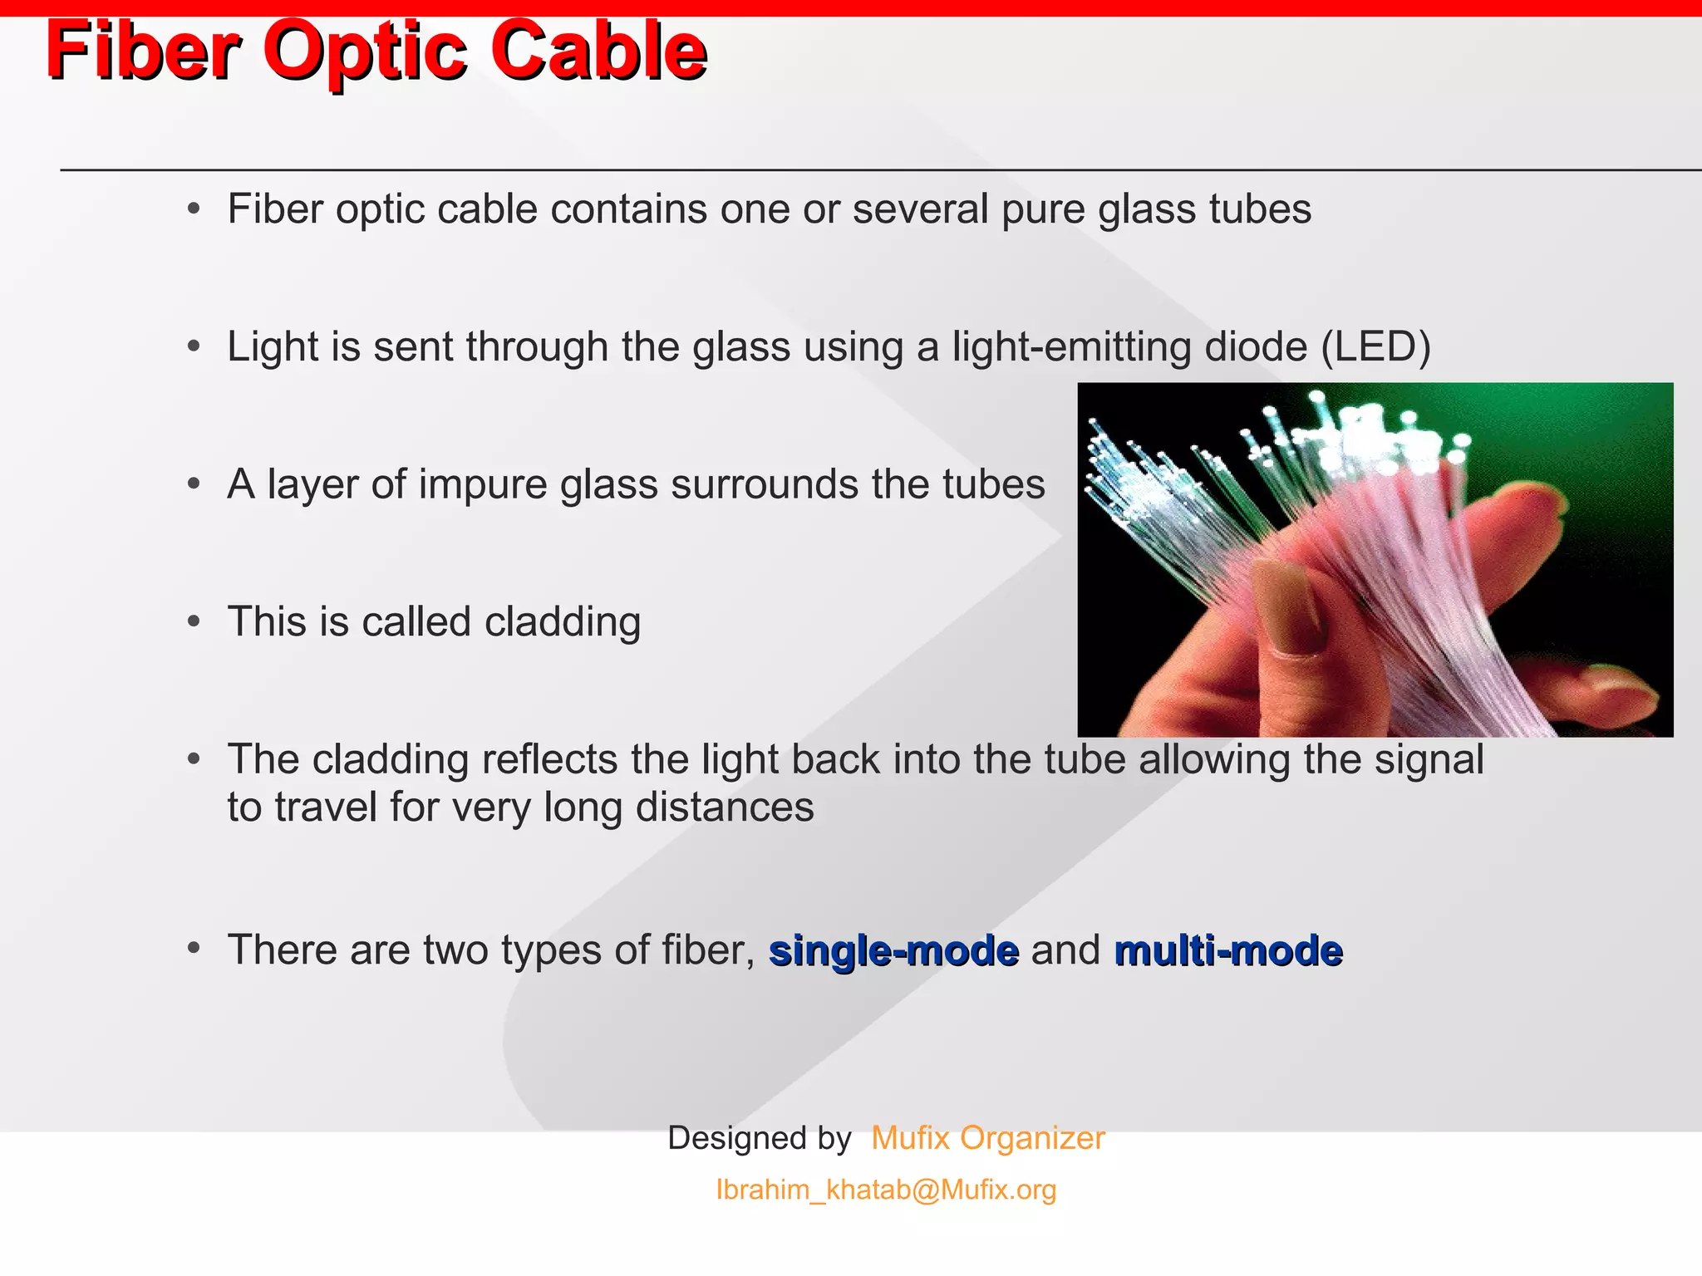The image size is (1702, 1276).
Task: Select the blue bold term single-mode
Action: click(x=893, y=950)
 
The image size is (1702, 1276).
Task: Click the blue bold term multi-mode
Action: click(x=1227, y=950)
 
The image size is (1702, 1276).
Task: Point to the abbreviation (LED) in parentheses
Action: click(x=1375, y=346)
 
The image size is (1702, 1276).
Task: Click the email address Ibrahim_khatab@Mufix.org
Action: click(x=886, y=1190)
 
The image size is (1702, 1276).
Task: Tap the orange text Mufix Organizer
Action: click(x=987, y=1138)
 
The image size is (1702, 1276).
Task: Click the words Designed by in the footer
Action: click(x=759, y=1138)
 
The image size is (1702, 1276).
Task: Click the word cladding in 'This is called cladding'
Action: click(x=563, y=622)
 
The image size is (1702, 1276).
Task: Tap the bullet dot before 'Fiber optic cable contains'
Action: click(x=194, y=209)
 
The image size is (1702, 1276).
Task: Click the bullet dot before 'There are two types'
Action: click(x=194, y=949)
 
